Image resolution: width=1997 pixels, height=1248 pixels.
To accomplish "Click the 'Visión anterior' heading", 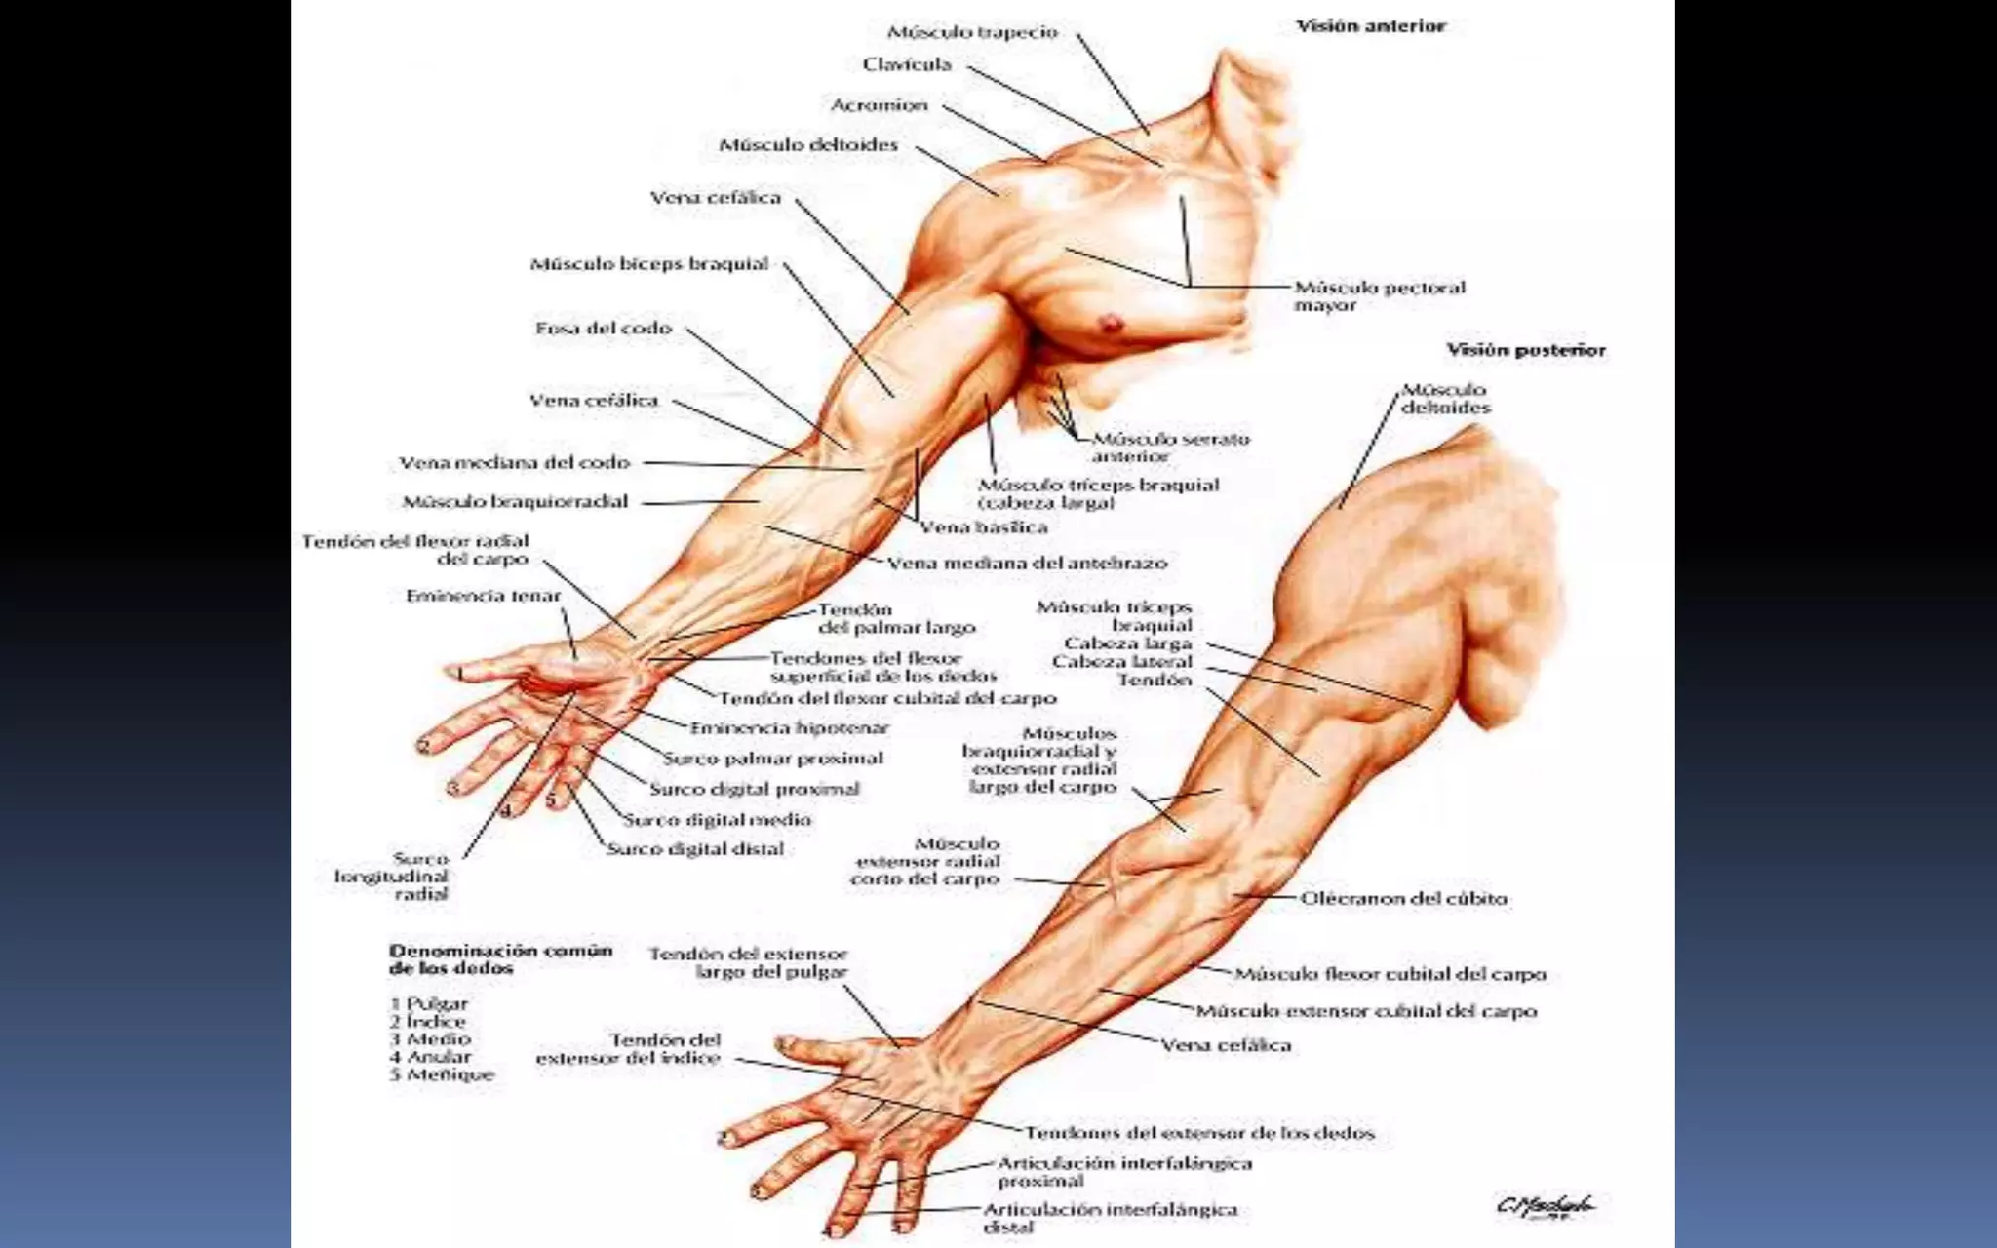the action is click(1370, 26).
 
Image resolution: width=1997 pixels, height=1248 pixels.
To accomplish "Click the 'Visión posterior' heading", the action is click(1525, 350).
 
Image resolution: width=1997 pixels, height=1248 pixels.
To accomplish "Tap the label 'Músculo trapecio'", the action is click(972, 32).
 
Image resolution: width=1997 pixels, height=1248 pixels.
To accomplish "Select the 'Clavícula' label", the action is click(907, 65).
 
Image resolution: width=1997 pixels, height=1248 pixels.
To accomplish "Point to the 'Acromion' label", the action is click(879, 105).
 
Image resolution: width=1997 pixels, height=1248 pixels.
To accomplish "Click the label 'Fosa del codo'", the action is click(604, 329).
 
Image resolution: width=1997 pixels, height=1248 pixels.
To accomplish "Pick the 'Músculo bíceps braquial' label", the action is click(649, 264).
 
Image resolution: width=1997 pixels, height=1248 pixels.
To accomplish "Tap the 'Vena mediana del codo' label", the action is click(515, 463).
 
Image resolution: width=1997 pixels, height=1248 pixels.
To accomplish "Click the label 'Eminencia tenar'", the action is click(484, 596).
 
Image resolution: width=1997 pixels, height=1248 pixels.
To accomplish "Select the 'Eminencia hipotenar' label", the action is click(790, 728).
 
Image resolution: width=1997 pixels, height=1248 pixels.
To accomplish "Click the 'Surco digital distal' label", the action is click(695, 849).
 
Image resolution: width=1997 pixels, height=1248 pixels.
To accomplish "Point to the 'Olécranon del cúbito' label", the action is click(1403, 898).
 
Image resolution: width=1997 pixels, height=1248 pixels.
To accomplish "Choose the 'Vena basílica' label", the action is click(984, 527).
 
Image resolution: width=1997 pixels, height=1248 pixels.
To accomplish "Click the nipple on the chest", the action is click(1109, 321).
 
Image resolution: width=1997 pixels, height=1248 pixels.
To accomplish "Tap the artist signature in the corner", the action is click(1546, 1207).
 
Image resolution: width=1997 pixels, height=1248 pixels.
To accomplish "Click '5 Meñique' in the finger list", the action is click(429, 1075).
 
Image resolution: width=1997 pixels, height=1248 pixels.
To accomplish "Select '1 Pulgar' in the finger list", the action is click(429, 1004).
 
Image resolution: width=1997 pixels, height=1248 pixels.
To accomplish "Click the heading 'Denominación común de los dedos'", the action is click(500, 959).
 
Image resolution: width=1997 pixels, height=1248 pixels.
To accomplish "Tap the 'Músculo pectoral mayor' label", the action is click(1379, 296).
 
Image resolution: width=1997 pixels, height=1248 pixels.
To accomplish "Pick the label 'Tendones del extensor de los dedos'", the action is click(1199, 1133).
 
